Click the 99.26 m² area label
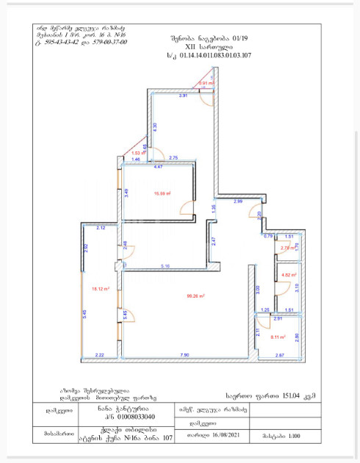tap(195, 297)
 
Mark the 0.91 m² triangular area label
tap(206, 83)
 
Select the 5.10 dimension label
tap(166, 265)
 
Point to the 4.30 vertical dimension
tap(154, 126)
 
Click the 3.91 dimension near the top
tap(164, 96)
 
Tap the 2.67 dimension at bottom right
tap(280, 356)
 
